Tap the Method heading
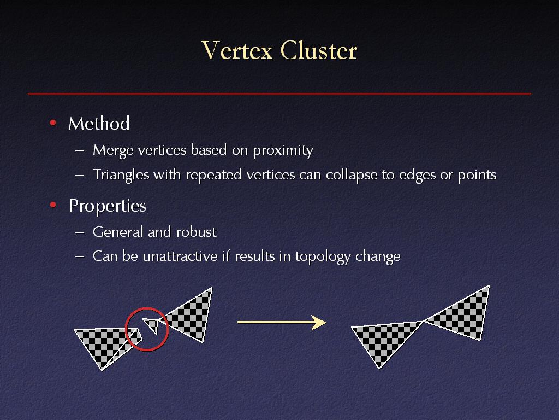coord(99,124)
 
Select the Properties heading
coord(108,206)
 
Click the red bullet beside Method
coord(53,123)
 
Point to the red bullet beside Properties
coord(53,205)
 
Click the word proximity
coord(283,151)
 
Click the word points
coord(477,175)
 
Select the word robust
coord(197,232)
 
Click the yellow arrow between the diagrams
coord(282,322)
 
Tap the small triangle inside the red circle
coord(152,325)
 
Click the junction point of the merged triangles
coord(423,322)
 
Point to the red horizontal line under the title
coord(279,94)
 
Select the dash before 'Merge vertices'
coord(80,151)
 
